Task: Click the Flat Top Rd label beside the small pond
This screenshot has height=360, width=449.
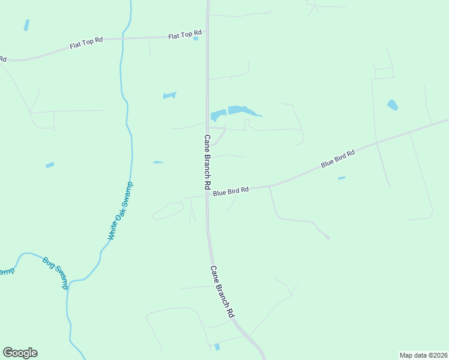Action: (181, 36)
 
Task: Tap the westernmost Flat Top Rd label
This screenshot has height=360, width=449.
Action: (86, 43)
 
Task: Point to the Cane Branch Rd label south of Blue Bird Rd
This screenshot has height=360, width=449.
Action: (222, 292)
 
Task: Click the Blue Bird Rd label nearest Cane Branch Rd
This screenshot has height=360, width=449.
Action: (231, 191)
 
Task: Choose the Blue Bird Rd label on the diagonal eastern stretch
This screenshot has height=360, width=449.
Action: (337, 158)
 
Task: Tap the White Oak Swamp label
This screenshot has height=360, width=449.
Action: (120, 211)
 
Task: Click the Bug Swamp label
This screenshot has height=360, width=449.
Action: (55, 273)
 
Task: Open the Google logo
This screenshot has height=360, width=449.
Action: (20, 353)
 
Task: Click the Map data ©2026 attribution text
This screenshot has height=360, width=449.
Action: (423, 355)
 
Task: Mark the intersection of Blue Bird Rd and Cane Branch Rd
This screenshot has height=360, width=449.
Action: (208, 193)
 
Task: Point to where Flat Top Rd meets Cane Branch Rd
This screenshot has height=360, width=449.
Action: (208, 31)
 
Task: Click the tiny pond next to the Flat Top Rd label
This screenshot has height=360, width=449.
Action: (196, 39)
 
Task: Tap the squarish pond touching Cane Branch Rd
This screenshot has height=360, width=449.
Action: (217, 115)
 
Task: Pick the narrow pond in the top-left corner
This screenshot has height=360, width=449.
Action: (26, 25)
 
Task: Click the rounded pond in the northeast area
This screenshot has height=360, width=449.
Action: (393, 105)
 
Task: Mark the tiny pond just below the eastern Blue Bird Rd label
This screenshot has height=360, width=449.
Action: (342, 178)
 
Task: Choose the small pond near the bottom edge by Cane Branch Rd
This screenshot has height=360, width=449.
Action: (217, 347)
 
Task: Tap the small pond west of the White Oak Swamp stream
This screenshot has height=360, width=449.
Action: (50, 165)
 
